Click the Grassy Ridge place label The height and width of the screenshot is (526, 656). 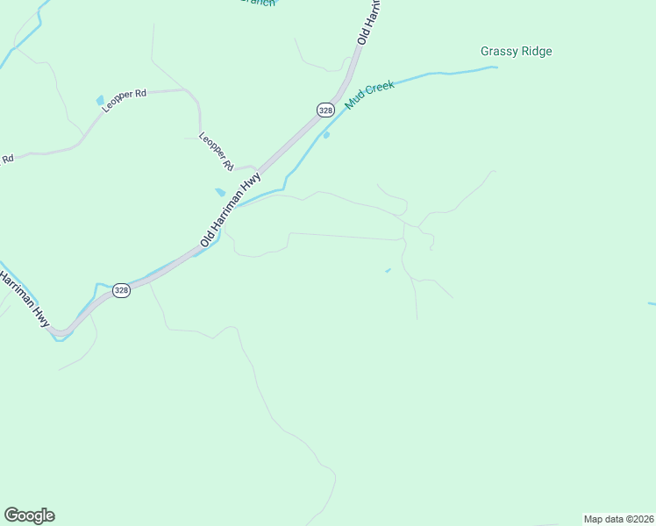tap(517, 52)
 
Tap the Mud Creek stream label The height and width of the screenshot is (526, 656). tap(370, 94)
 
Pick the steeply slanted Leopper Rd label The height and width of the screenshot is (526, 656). tap(216, 151)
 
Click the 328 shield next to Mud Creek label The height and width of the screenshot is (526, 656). tap(325, 110)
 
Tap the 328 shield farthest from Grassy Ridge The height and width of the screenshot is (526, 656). tap(121, 290)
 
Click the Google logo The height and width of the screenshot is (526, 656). tap(29, 515)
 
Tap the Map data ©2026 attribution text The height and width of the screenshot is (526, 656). tap(618, 519)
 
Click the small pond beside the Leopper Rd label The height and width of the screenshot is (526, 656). tap(100, 101)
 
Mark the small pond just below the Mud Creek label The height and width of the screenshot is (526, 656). tap(326, 135)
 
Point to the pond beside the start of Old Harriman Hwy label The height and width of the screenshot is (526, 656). tap(220, 192)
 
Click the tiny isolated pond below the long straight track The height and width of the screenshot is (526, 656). tap(388, 270)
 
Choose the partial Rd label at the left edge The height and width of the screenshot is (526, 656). tap(8, 159)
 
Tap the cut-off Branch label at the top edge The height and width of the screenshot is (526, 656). tap(258, 3)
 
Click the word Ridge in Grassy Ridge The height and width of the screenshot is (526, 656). tap(537, 52)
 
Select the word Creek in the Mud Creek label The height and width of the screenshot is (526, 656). tap(381, 88)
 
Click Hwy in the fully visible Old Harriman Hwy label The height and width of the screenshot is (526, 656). tap(253, 183)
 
